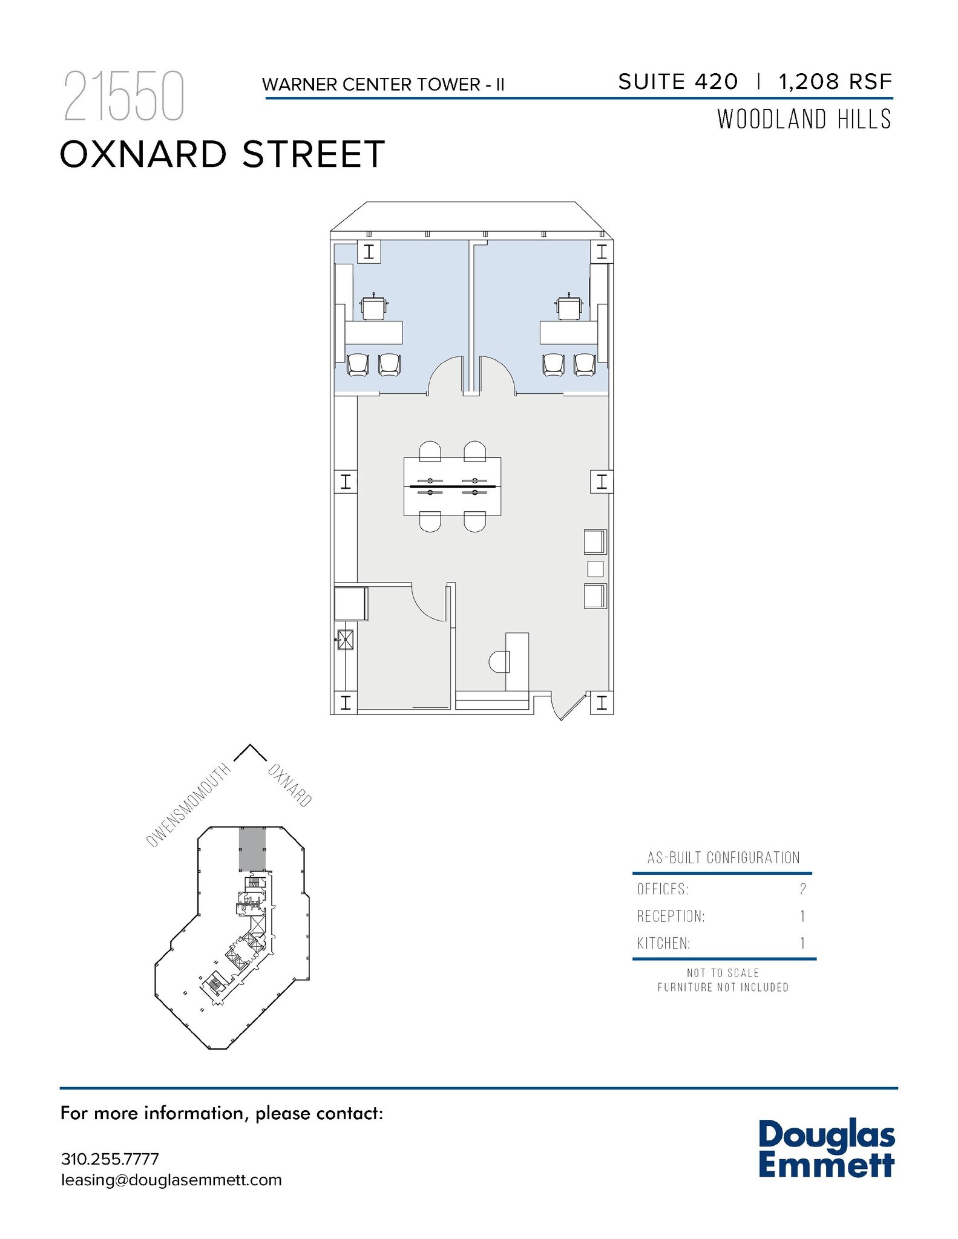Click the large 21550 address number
click(123, 97)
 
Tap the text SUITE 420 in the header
click(678, 82)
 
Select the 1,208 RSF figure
click(835, 82)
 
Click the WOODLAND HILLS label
click(804, 120)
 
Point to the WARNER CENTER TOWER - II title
click(383, 85)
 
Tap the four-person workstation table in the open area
click(452, 486)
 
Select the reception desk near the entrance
click(517, 661)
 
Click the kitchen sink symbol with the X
click(346, 639)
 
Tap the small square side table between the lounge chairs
click(595, 569)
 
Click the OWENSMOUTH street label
click(189, 804)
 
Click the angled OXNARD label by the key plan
click(290, 785)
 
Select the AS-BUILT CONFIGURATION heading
click(723, 857)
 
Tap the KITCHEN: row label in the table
click(663, 943)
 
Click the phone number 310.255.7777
click(110, 1159)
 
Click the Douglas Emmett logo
click(826, 1149)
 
